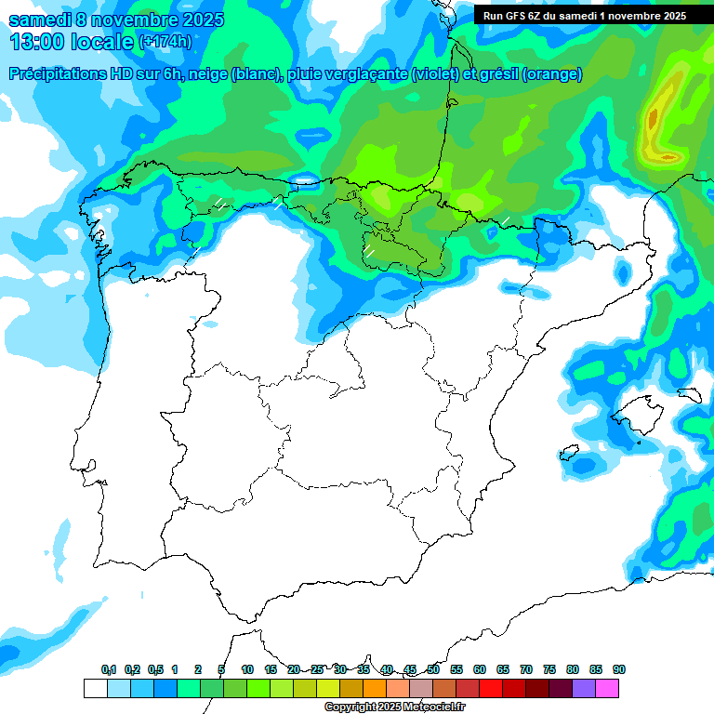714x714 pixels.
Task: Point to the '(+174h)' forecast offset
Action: point(165,42)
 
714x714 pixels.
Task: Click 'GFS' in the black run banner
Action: point(519,16)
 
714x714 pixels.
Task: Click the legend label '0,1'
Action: point(109,670)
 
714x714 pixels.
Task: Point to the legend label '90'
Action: point(619,670)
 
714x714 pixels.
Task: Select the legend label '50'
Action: point(433,670)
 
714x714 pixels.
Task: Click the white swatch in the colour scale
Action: point(95,688)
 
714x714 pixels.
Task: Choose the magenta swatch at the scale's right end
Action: point(607,688)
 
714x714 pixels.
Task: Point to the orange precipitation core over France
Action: point(653,118)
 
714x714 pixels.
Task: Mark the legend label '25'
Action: point(317,670)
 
